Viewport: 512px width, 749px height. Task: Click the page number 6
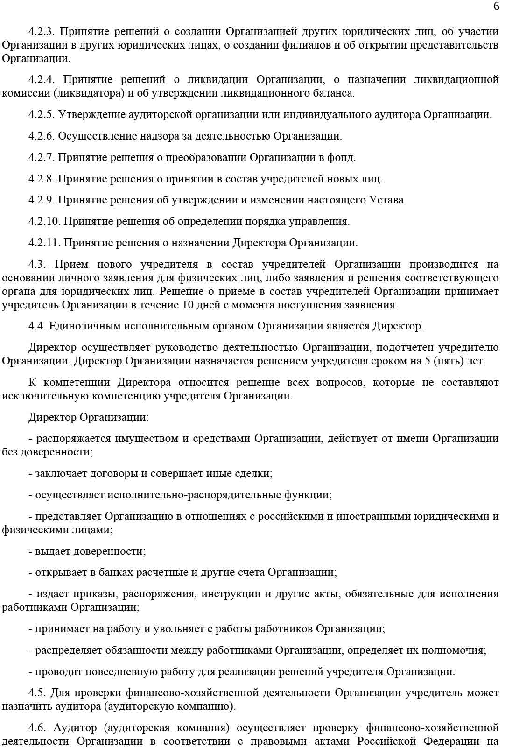496,6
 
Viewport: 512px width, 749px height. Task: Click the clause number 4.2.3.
42,32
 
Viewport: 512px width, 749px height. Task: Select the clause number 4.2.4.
42,79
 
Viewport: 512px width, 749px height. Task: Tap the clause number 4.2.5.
42,115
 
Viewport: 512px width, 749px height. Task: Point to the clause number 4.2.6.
42,136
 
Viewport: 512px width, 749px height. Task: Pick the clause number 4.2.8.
42,179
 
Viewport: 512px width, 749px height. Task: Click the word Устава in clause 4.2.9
387,201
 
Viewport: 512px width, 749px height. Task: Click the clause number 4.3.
38,265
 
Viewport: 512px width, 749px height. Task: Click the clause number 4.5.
37,693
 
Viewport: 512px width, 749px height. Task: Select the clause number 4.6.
37,728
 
